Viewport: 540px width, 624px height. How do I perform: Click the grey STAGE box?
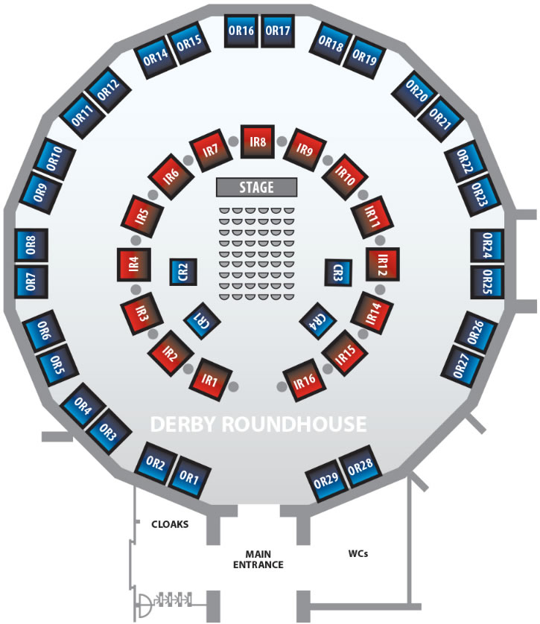tap(257, 187)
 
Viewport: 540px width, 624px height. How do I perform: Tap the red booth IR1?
tap(209, 382)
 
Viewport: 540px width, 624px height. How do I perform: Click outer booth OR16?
tap(241, 31)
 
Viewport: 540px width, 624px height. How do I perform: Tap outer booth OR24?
tap(487, 246)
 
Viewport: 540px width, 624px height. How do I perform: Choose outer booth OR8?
tap(32, 245)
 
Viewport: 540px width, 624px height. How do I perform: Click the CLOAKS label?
tap(169, 523)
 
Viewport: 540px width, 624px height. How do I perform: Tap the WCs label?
tap(358, 554)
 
